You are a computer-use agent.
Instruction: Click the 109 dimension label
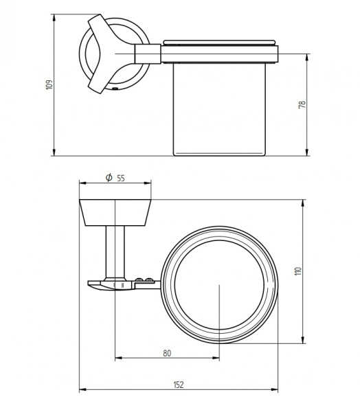(x=49, y=84)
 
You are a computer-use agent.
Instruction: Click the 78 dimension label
(x=302, y=104)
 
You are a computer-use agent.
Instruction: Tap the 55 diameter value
(x=121, y=179)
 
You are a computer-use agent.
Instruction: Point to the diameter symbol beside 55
(x=109, y=178)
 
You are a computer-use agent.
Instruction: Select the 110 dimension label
(x=298, y=271)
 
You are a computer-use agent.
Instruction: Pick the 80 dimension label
(x=167, y=353)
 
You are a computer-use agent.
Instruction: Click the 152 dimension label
(x=179, y=385)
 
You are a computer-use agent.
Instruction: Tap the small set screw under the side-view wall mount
(x=115, y=89)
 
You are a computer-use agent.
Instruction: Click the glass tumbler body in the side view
(x=219, y=109)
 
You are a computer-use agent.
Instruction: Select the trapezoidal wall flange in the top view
(x=115, y=213)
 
